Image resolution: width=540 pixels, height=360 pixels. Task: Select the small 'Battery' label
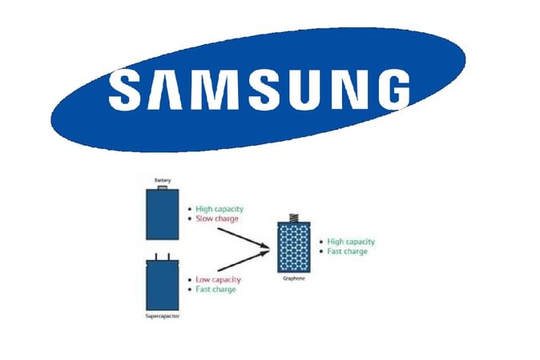163,181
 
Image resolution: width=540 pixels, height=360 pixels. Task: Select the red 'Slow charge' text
217,219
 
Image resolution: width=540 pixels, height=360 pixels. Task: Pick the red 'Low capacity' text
217,279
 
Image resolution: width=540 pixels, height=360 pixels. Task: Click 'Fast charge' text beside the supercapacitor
216,289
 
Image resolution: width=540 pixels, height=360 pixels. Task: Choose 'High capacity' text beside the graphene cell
351,241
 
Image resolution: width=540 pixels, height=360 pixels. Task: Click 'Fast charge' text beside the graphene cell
348,252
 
